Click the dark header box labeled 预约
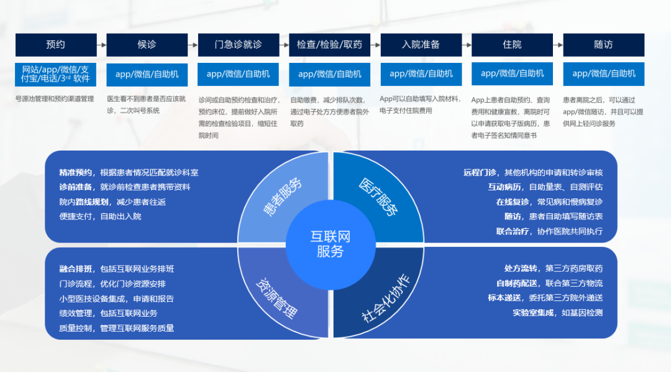[56, 45]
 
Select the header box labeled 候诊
[147, 45]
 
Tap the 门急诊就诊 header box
[239, 45]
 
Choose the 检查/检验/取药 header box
[330, 45]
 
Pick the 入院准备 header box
[421, 45]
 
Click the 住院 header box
[513, 45]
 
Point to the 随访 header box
[603, 45]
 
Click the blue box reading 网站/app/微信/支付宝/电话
[56, 74]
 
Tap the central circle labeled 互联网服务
[330, 244]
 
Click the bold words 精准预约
[75, 172]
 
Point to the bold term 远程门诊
[480, 172]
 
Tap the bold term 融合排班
[75, 269]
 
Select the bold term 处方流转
[521, 269]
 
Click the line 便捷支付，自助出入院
[100, 216]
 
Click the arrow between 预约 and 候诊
[102, 45]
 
